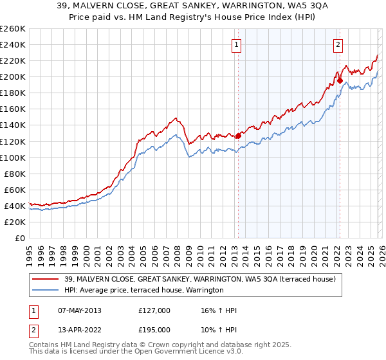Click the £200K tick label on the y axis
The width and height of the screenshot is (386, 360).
coord(13,76)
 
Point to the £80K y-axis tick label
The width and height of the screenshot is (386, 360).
coord(15,174)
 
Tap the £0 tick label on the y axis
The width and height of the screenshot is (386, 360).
coord(21,238)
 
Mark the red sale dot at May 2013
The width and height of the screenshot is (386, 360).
coord(238,135)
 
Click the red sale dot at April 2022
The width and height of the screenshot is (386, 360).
coord(340,80)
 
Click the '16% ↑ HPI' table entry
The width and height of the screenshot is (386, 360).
coord(219,310)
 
